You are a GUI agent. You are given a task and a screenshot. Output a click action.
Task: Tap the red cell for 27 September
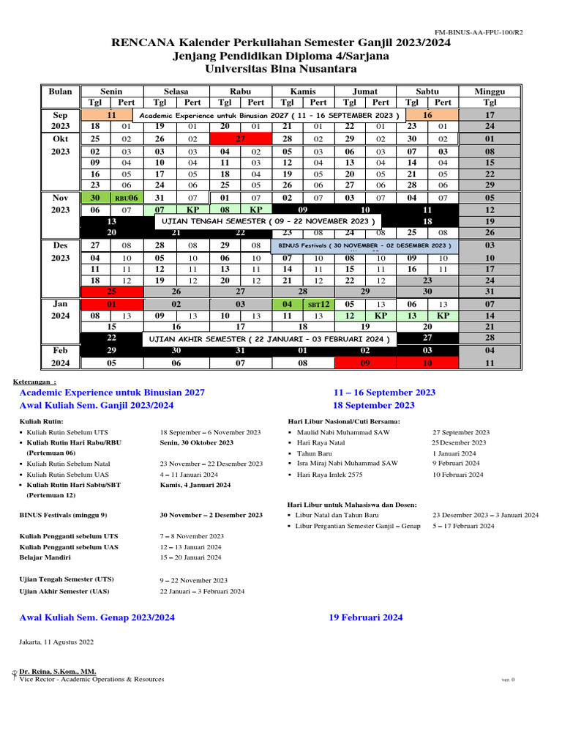[240, 138]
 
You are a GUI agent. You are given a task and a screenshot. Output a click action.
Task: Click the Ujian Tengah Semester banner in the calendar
[267, 220]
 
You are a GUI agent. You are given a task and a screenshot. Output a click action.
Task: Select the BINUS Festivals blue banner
[364, 245]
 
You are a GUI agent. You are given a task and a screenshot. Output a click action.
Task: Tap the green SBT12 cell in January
[318, 304]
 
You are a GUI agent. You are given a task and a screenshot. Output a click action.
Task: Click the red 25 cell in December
[111, 292]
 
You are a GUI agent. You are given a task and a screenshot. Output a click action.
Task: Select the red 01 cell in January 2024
[111, 304]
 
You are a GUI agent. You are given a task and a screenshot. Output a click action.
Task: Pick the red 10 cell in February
[427, 363]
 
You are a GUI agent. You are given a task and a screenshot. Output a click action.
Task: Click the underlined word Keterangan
[34, 382]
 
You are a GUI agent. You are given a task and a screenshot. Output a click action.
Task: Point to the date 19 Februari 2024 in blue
[366, 617]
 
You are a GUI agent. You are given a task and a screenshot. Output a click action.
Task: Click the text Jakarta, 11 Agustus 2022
[56, 642]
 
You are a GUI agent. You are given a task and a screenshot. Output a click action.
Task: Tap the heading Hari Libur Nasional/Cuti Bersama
[344, 422]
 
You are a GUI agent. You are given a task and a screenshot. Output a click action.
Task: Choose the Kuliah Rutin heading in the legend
[41, 422]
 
